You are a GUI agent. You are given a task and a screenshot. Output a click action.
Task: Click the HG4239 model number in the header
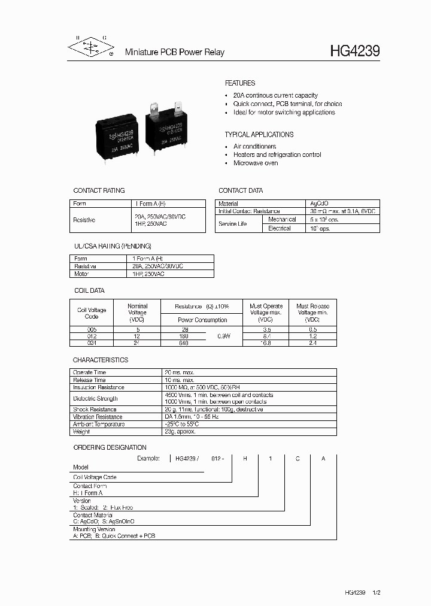354,52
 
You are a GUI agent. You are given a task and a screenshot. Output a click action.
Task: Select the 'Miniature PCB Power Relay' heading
174,53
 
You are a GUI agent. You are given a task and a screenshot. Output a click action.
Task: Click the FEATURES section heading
239,83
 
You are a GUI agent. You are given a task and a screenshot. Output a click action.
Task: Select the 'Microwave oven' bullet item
255,163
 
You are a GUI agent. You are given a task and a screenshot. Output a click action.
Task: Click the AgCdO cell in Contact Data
320,204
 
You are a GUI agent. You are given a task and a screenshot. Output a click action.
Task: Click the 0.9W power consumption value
223,337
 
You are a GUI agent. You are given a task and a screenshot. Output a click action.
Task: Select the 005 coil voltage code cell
92,329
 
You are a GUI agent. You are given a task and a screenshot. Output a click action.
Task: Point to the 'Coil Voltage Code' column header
92,313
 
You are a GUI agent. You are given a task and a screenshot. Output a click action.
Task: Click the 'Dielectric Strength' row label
96,398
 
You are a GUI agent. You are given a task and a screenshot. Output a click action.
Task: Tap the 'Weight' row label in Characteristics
81,431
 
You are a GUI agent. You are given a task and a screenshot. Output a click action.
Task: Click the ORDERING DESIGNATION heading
110,447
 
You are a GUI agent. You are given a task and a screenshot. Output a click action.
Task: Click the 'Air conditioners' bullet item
254,146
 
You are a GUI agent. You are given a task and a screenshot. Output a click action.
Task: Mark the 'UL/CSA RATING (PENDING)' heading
112,246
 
